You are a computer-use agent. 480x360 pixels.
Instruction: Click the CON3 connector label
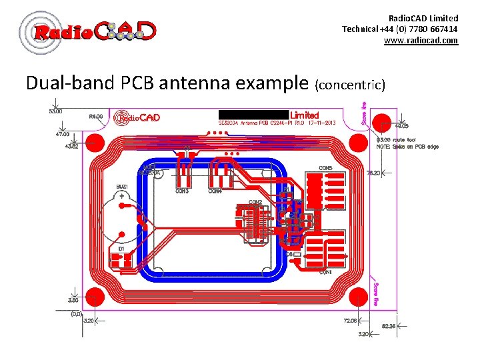[182, 191]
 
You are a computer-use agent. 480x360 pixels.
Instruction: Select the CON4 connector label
[215, 191]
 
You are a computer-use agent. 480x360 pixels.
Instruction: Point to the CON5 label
[326, 167]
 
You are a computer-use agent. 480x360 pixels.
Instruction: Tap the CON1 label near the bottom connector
[325, 272]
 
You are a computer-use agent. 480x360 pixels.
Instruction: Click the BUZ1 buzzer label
[123, 187]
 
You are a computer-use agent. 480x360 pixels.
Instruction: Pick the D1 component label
[121, 249]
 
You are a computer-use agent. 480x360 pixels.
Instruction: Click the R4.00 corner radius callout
[96, 116]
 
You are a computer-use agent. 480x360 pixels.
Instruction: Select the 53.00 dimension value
[55, 111]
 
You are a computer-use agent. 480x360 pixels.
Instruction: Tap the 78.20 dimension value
[373, 173]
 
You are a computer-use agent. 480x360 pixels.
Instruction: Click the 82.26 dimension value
[388, 326]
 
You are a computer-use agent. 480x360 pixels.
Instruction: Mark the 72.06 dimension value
[351, 321]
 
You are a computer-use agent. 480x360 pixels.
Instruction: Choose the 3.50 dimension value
[73, 301]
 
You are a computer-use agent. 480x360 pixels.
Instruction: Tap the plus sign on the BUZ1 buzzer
[122, 197]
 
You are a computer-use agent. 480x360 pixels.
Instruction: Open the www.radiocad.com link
[421, 41]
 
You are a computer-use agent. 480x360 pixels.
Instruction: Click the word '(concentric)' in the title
[351, 85]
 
